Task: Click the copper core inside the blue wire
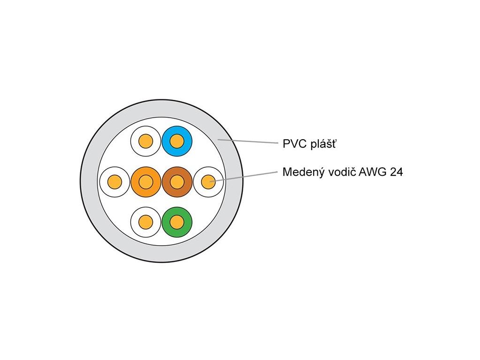click(x=176, y=141)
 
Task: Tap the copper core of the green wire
click(x=176, y=221)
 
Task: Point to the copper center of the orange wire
click(x=146, y=181)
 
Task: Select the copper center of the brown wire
click(x=176, y=181)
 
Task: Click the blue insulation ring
click(x=186, y=141)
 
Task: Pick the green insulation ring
click(x=186, y=221)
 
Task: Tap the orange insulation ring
click(x=136, y=181)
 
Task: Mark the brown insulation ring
click(x=186, y=181)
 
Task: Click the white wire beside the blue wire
click(x=146, y=141)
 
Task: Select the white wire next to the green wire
click(x=146, y=221)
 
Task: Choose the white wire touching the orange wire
click(x=115, y=181)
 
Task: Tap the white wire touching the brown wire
click(x=208, y=181)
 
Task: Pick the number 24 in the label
click(x=396, y=172)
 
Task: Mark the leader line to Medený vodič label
click(x=244, y=176)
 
